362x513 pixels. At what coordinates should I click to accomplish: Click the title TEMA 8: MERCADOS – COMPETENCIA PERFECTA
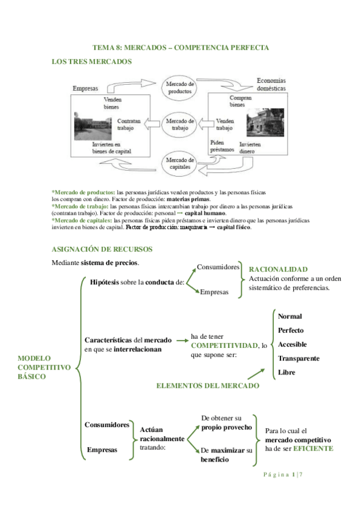coord(180,47)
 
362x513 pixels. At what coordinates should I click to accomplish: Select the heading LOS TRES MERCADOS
coord(91,62)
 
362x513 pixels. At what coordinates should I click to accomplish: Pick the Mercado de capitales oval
coord(181,162)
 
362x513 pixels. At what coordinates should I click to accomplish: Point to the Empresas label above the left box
coord(85,88)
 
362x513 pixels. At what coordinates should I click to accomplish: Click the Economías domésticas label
coord(271,84)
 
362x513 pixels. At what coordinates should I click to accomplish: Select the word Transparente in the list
coord(299,358)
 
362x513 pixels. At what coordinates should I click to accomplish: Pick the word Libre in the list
coord(287,372)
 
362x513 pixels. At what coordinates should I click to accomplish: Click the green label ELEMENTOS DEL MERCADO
coord(207,386)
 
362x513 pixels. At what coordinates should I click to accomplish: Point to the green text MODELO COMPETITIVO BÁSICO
coord(44,367)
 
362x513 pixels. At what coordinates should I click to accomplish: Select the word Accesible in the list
coord(293,344)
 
